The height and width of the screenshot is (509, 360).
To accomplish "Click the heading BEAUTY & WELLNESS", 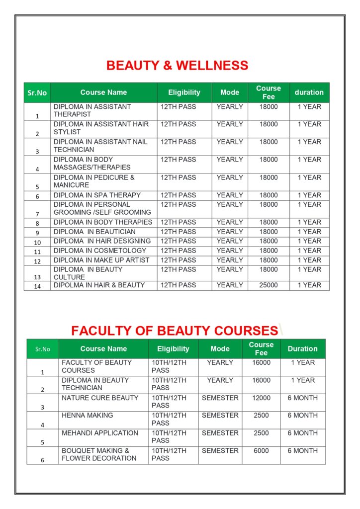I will [x=177, y=66].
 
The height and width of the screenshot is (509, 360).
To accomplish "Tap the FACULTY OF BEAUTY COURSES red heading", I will [x=174, y=331].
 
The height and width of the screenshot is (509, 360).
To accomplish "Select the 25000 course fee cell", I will [x=269, y=285].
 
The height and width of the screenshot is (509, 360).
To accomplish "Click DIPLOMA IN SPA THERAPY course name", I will [x=97, y=195].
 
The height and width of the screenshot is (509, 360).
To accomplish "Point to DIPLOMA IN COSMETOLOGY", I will [x=100, y=251].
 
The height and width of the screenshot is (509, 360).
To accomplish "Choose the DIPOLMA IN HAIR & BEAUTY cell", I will [x=99, y=285].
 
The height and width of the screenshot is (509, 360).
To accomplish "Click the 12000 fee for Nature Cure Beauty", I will [x=261, y=398].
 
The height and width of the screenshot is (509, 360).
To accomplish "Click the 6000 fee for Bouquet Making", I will [x=261, y=451].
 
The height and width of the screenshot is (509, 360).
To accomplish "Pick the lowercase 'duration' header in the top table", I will [x=309, y=92].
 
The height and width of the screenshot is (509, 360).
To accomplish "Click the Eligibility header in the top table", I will [x=184, y=92].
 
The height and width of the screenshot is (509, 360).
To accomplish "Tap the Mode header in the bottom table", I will [x=220, y=349].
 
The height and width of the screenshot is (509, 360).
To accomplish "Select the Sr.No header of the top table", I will [x=37, y=93].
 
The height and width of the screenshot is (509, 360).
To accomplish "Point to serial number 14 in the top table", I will [x=37, y=286].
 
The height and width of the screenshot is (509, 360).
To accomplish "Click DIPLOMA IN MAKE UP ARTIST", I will [x=101, y=260].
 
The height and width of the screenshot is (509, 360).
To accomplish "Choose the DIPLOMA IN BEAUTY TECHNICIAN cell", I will [x=95, y=384].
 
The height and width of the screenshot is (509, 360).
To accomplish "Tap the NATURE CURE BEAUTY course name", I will [x=100, y=398].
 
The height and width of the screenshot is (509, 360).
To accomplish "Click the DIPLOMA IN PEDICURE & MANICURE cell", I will [x=94, y=181].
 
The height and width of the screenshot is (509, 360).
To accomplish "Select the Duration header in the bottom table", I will [x=302, y=349].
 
